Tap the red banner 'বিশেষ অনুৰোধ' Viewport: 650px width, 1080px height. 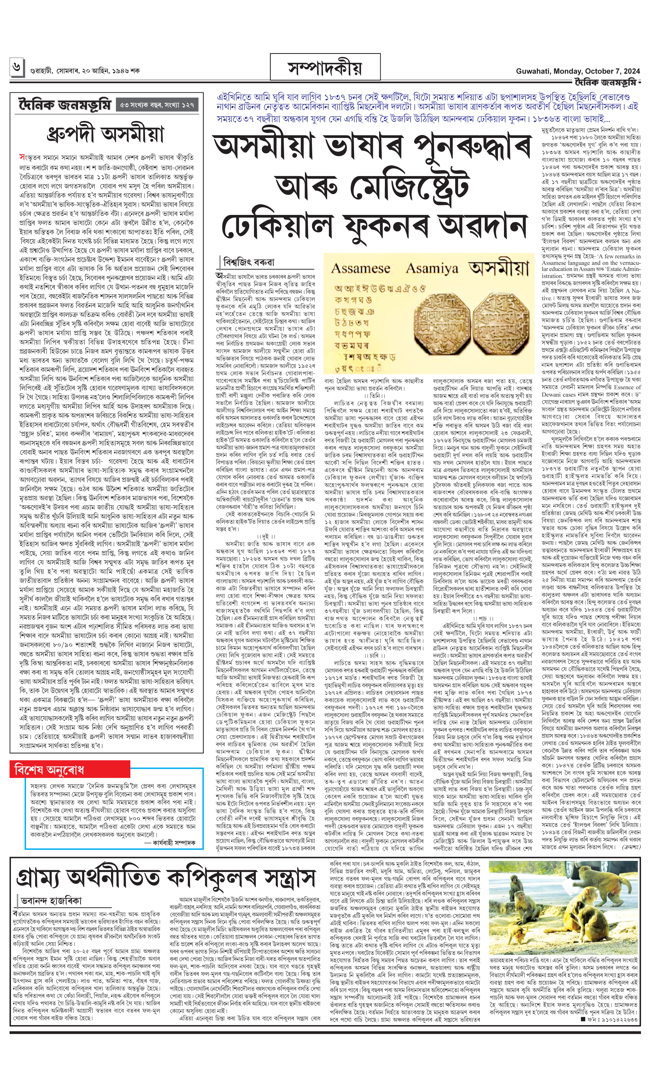[x=49, y=769]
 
